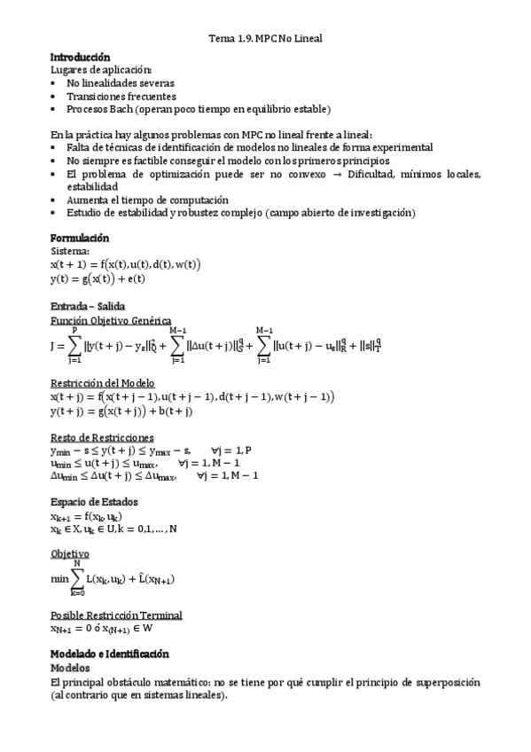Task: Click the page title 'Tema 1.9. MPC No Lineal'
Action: coord(265,39)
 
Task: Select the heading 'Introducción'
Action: coord(81,56)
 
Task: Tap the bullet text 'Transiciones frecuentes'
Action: coord(121,96)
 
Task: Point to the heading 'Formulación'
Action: coord(80,239)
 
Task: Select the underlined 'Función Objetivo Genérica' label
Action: coord(111,320)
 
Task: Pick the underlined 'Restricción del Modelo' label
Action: coord(104,382)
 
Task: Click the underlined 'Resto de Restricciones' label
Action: coord(102,437)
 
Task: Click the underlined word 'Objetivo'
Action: coord(70,553)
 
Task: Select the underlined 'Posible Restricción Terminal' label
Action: coord(116,615)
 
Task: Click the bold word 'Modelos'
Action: coord(70,669)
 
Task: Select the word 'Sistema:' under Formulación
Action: coord(70,252)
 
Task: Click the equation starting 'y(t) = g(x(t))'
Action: coord(98,278)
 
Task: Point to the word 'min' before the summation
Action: coord(59,578)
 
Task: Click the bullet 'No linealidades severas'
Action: coord(120,82)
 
